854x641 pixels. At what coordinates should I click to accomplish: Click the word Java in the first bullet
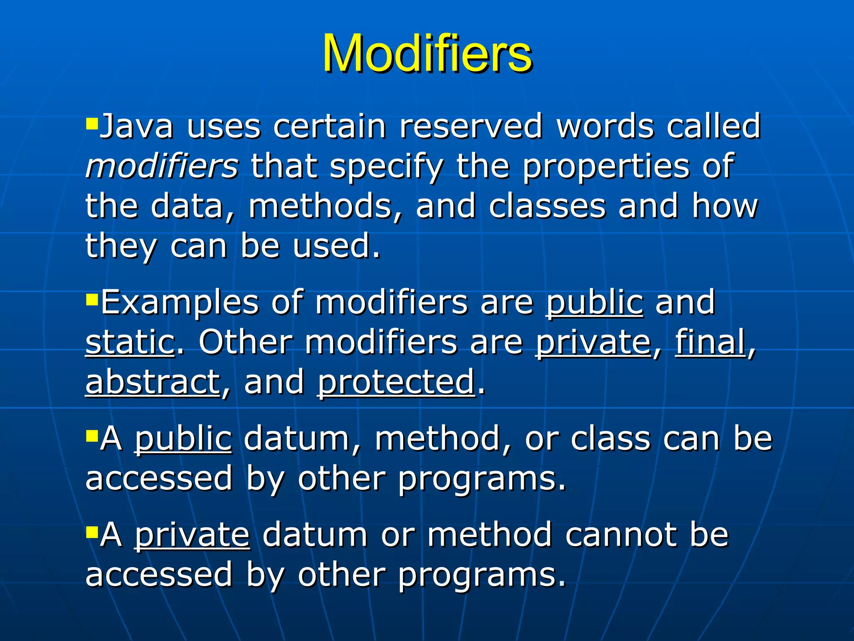coord(137,126)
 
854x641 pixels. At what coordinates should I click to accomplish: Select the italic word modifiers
coord(162,166)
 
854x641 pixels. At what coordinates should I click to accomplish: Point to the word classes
coord(547,206)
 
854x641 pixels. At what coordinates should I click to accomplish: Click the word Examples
coord(180,303)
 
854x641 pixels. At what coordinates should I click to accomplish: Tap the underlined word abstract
coord(153,382)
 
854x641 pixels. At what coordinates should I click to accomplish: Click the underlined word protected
coord(396,382)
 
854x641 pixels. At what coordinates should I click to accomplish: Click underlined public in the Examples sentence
coord(595,302)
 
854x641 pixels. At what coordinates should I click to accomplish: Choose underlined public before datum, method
coord(183,439)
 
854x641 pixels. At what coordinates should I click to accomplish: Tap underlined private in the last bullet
coord(192,535)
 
